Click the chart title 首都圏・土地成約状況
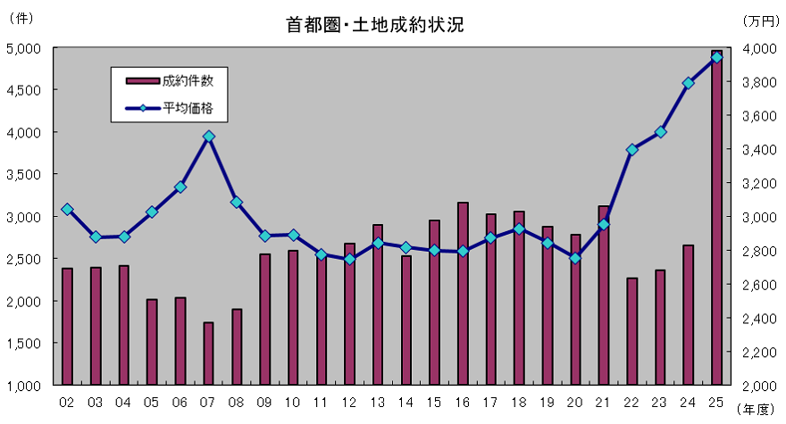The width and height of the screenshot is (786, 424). coord(374,26)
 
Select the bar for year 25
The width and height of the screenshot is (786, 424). coord(717,218)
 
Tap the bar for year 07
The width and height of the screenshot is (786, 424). coord(208,353)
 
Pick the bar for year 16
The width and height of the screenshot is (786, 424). coord(463,294)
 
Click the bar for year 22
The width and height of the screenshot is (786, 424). coord(632,331)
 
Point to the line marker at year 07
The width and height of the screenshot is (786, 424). coord(208,137)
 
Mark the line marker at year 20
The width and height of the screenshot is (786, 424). coord(576,258)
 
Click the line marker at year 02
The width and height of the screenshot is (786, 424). coord(67,209)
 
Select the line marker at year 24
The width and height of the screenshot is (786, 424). coord(689,83)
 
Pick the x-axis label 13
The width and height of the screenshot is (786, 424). coord(378,402)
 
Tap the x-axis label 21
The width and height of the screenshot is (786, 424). coord(604,402)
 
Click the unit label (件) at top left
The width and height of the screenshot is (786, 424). coord(20,17)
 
